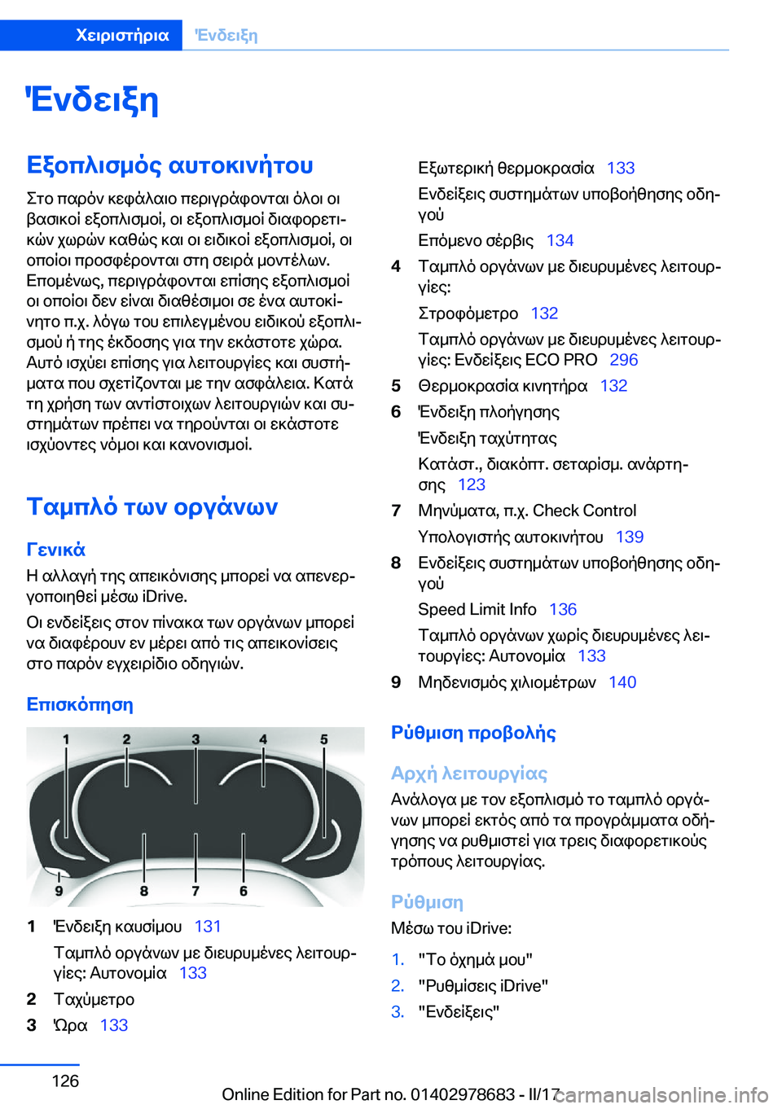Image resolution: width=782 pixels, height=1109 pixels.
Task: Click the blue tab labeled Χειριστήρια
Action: tap(122, 35)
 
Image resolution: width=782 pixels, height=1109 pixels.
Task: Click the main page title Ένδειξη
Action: tap(92, 100)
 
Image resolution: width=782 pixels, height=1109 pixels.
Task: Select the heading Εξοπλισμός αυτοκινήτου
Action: tap(169, 165)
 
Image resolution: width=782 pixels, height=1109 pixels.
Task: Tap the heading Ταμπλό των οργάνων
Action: tap(152, 506)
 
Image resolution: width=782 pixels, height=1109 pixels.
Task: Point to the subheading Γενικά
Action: tap(55, 550)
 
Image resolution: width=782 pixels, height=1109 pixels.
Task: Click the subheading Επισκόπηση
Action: tap(80, 704)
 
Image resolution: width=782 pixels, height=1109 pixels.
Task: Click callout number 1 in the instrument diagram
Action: tap(66, 739)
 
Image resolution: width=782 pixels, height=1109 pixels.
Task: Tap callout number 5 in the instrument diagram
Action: tap(323, 739)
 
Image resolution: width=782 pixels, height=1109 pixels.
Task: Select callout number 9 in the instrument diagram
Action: tap(59, 891)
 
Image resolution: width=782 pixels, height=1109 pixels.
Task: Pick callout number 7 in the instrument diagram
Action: tap(195, 891)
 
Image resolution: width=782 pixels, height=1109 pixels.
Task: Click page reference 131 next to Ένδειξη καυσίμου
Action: tap(208, 927)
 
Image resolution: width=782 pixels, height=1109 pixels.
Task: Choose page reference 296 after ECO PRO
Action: tap(623, 360)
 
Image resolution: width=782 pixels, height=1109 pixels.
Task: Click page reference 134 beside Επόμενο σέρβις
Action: tap(560, 240)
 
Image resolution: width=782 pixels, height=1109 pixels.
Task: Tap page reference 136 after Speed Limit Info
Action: tap(562, 609)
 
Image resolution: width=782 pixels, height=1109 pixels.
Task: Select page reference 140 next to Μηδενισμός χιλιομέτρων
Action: tap(622, 682)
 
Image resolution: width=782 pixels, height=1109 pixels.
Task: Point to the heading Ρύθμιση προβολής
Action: tap(473, 733)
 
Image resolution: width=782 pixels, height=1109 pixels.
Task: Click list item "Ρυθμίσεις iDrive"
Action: tap(483, 985)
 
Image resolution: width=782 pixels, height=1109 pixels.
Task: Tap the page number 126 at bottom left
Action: tap(65, 1081)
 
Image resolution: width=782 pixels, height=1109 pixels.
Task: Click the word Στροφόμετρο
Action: tap(468, 313)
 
